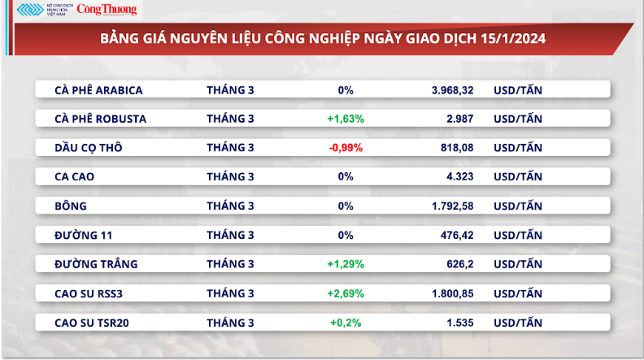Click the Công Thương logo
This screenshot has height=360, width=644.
pyautogui.click(x=107, y=11)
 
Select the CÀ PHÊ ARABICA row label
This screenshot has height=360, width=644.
pyautogui.click(x=98, y=89)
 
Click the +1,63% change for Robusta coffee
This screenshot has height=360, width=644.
pyautogui.click(x=346, y=119)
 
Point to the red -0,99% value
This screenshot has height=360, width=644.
pyautogui.click(x=346, y=148)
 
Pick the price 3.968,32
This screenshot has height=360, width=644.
pyautogui.click(x=453, y=89)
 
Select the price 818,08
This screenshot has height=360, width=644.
pyautogui.click(x=458, y=148)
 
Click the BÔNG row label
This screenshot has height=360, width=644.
pyautogui.click(x=71, y=206)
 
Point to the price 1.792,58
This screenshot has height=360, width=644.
pyautogui.click(x=453, y=206)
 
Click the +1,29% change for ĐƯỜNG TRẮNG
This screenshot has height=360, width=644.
pyautogui.click(x=346, y=264)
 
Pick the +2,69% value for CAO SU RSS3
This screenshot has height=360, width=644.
pyautogui.click(x=346, y=293)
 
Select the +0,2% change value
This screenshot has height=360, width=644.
pyautogui.click(x=346, y=322)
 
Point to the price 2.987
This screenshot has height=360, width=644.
pyautogui.click(x=460, y=119)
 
